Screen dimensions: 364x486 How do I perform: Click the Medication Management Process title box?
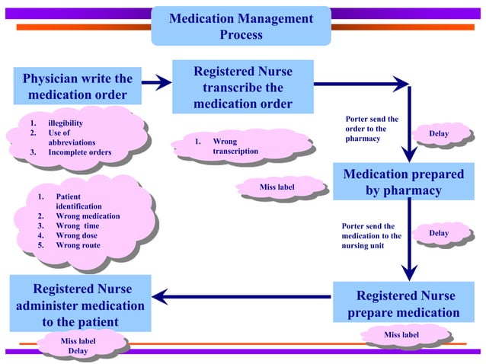[241, 27]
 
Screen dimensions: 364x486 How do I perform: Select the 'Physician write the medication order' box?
[78, 87]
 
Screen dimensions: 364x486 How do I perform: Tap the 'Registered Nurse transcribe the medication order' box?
[242, 87]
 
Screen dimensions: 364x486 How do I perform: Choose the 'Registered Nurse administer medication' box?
[80, 304]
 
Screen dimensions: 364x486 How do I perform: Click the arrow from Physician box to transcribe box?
[156, 82]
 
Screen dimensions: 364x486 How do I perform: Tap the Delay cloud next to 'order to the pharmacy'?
[440, 135]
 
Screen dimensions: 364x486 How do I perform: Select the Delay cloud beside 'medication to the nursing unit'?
[440, 234]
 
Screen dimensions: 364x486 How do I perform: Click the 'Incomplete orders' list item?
[79, 152]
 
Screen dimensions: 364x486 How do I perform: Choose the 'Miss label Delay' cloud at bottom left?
[78, 346]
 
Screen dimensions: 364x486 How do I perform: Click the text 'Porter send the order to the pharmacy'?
[372, 129]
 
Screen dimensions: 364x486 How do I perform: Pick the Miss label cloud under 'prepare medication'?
[401, 335]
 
